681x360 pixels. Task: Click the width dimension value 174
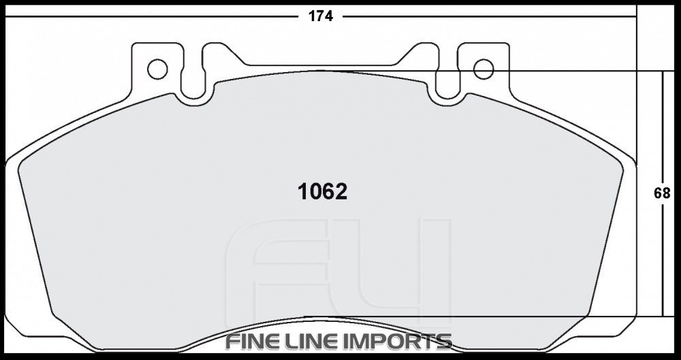pos(321,16)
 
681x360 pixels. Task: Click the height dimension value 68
pos(662,193)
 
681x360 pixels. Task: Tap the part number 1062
pos(323,192)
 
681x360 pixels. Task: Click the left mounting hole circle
pos(157,69)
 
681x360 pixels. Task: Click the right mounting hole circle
pos(483,69)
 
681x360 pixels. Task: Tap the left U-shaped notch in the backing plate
pos(193,85)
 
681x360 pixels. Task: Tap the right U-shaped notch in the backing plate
pos(447,85)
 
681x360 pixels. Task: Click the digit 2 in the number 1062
pos(340,192)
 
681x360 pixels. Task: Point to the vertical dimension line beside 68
pos(663,136)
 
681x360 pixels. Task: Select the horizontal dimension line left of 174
pos(150,16)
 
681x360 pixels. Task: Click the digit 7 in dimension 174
pos(321,16)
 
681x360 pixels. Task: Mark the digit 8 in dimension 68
pos(667,193)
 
